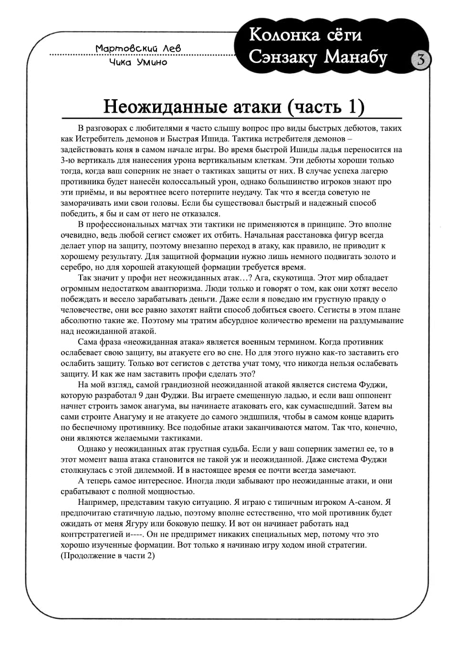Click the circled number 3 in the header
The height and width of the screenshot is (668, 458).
click(x=421, y=60)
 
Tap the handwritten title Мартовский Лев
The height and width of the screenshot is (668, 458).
click(x=138, y=48)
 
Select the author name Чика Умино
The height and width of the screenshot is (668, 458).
click(x=138, y=62)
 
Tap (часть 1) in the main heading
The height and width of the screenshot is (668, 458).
click(x=326, y=106)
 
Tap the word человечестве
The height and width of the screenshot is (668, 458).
click(x=85, y=310)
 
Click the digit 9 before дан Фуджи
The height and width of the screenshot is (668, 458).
click(x=141, y=395)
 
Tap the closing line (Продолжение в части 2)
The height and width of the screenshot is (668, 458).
click(x=108, y=555)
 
